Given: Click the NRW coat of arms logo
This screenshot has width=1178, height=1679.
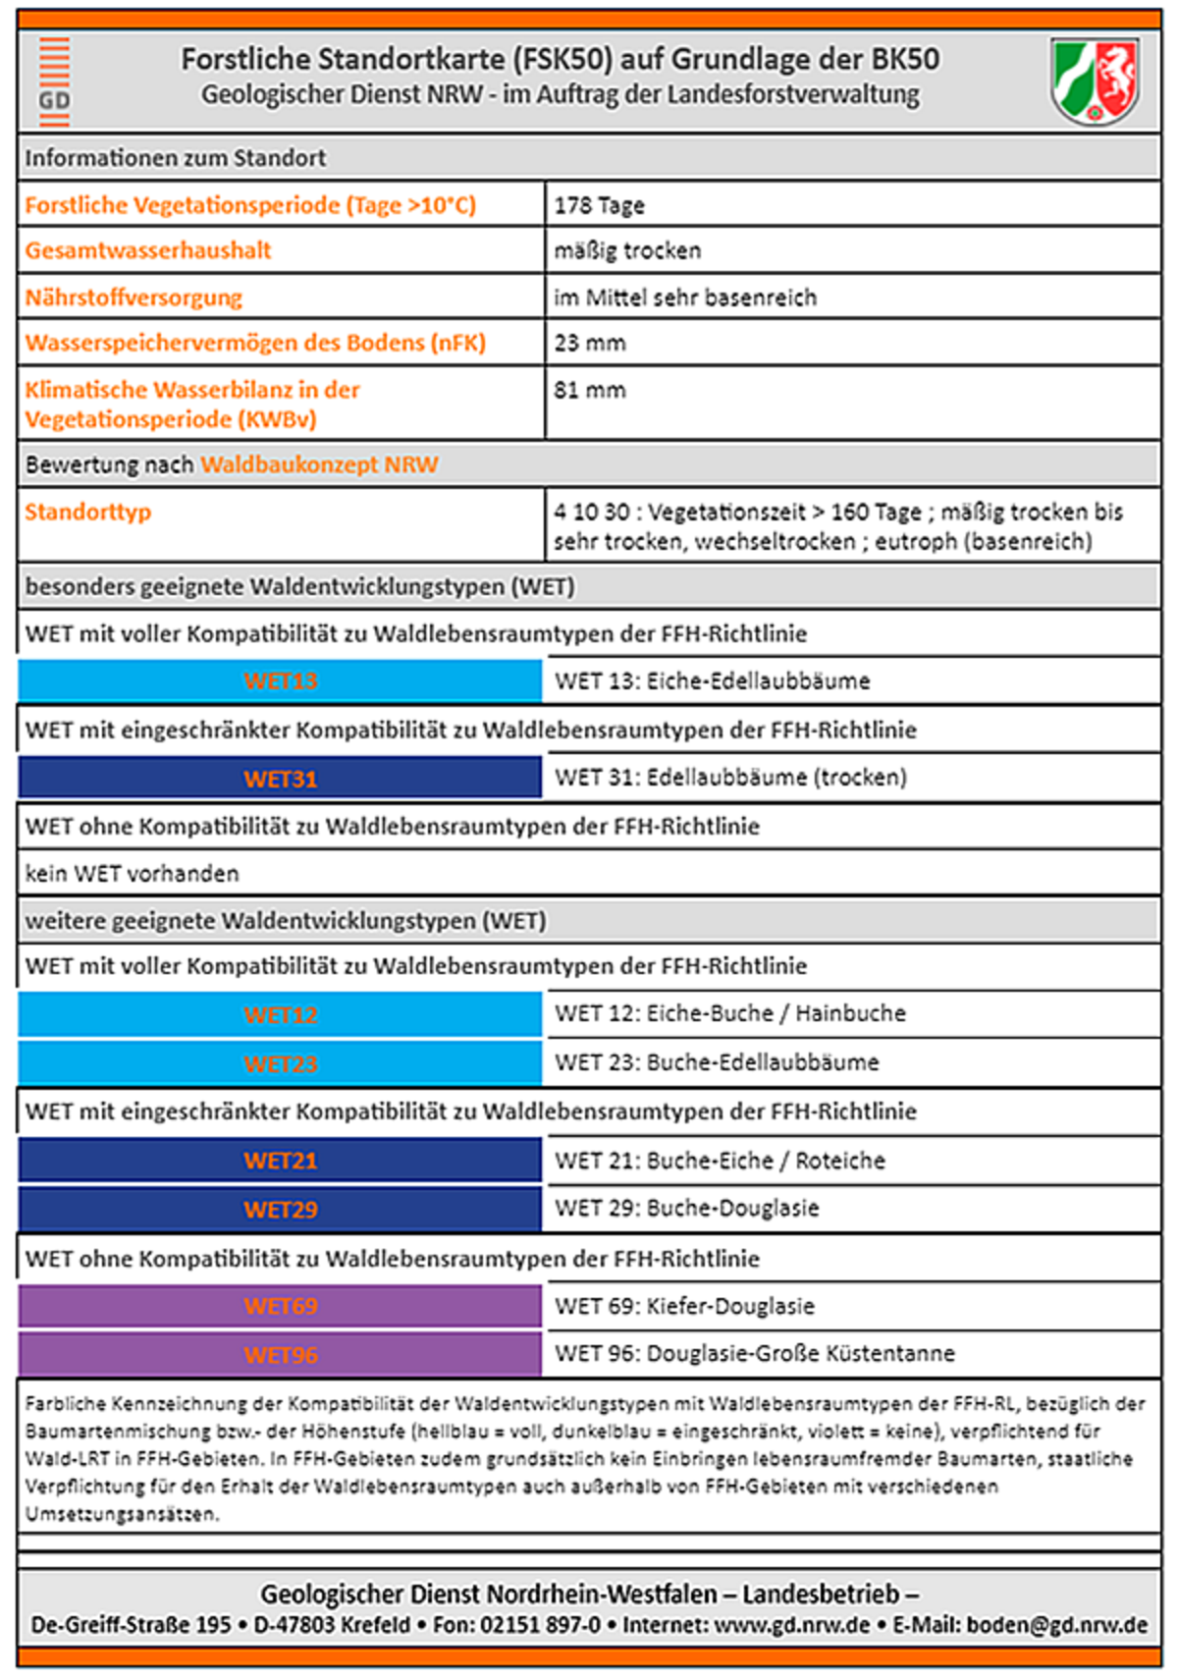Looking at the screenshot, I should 1095,81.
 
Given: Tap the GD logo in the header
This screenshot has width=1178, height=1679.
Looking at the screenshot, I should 54,82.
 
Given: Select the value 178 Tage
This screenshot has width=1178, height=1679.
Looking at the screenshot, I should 599,205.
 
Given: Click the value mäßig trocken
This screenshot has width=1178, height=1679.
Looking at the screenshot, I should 627,250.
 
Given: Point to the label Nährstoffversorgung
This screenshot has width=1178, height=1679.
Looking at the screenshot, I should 134,298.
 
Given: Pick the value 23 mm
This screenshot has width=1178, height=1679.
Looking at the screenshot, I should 589,343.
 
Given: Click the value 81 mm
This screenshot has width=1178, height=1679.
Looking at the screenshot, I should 589,390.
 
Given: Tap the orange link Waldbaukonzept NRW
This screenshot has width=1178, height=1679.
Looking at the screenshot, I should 319,464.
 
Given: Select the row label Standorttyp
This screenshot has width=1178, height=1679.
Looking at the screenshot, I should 88,512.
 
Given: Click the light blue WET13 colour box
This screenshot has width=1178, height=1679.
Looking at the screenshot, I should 280,680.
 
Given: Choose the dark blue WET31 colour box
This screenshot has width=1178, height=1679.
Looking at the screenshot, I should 280,779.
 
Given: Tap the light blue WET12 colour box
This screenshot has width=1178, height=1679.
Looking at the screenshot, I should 280,1014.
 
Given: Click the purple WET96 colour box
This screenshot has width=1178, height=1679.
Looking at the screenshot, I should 280,1355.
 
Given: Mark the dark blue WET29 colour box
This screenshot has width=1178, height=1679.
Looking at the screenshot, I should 280,1209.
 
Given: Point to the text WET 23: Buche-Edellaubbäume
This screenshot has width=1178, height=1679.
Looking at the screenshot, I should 717,1062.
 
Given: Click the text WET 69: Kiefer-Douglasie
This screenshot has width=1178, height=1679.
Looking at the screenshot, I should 684,1306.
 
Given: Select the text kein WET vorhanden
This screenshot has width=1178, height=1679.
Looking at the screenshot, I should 132,873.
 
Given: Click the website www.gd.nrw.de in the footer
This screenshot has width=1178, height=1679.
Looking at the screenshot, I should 791,1625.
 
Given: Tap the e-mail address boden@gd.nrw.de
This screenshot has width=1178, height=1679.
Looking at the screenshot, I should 1056,1625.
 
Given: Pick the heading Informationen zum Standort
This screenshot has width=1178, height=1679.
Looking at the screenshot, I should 175,158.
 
